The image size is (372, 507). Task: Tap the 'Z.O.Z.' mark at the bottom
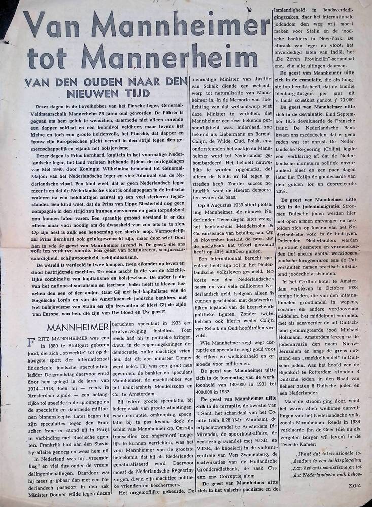[357, 500]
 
